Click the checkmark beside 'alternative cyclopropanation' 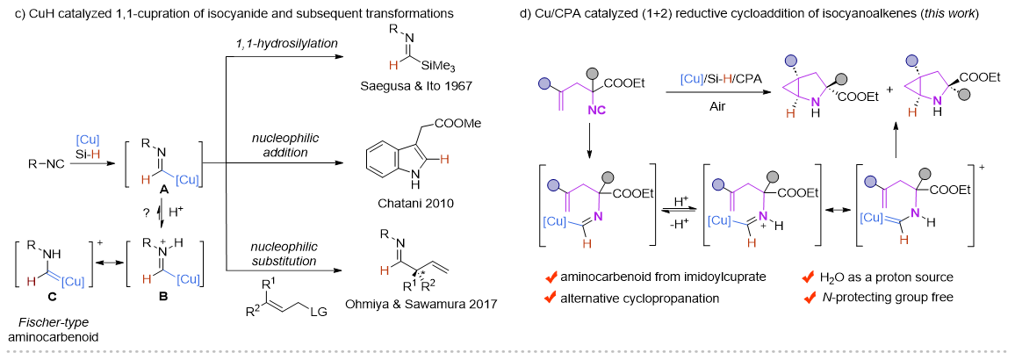point(548,297)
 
